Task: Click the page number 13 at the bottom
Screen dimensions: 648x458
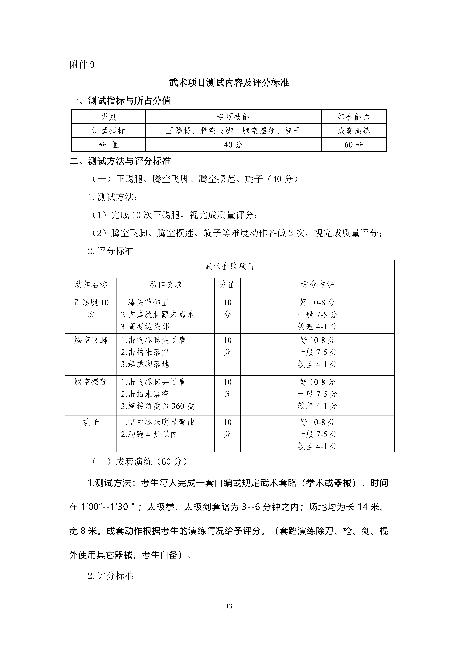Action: pos(229,606)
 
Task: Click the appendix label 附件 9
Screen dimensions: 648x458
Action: pos(82,65)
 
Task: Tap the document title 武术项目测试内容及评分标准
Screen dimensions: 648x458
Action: pos(229,83)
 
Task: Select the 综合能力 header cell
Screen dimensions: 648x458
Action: pos(354,117)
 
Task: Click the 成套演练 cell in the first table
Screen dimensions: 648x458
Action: pos(354,131)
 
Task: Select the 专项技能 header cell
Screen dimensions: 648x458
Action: pos(233,117)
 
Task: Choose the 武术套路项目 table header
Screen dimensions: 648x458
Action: pos(229,266)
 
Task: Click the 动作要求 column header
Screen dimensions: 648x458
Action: pos(165,284)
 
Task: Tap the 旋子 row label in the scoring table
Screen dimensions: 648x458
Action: pos(91,422)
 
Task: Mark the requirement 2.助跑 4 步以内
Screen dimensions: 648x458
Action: pos(149,434)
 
